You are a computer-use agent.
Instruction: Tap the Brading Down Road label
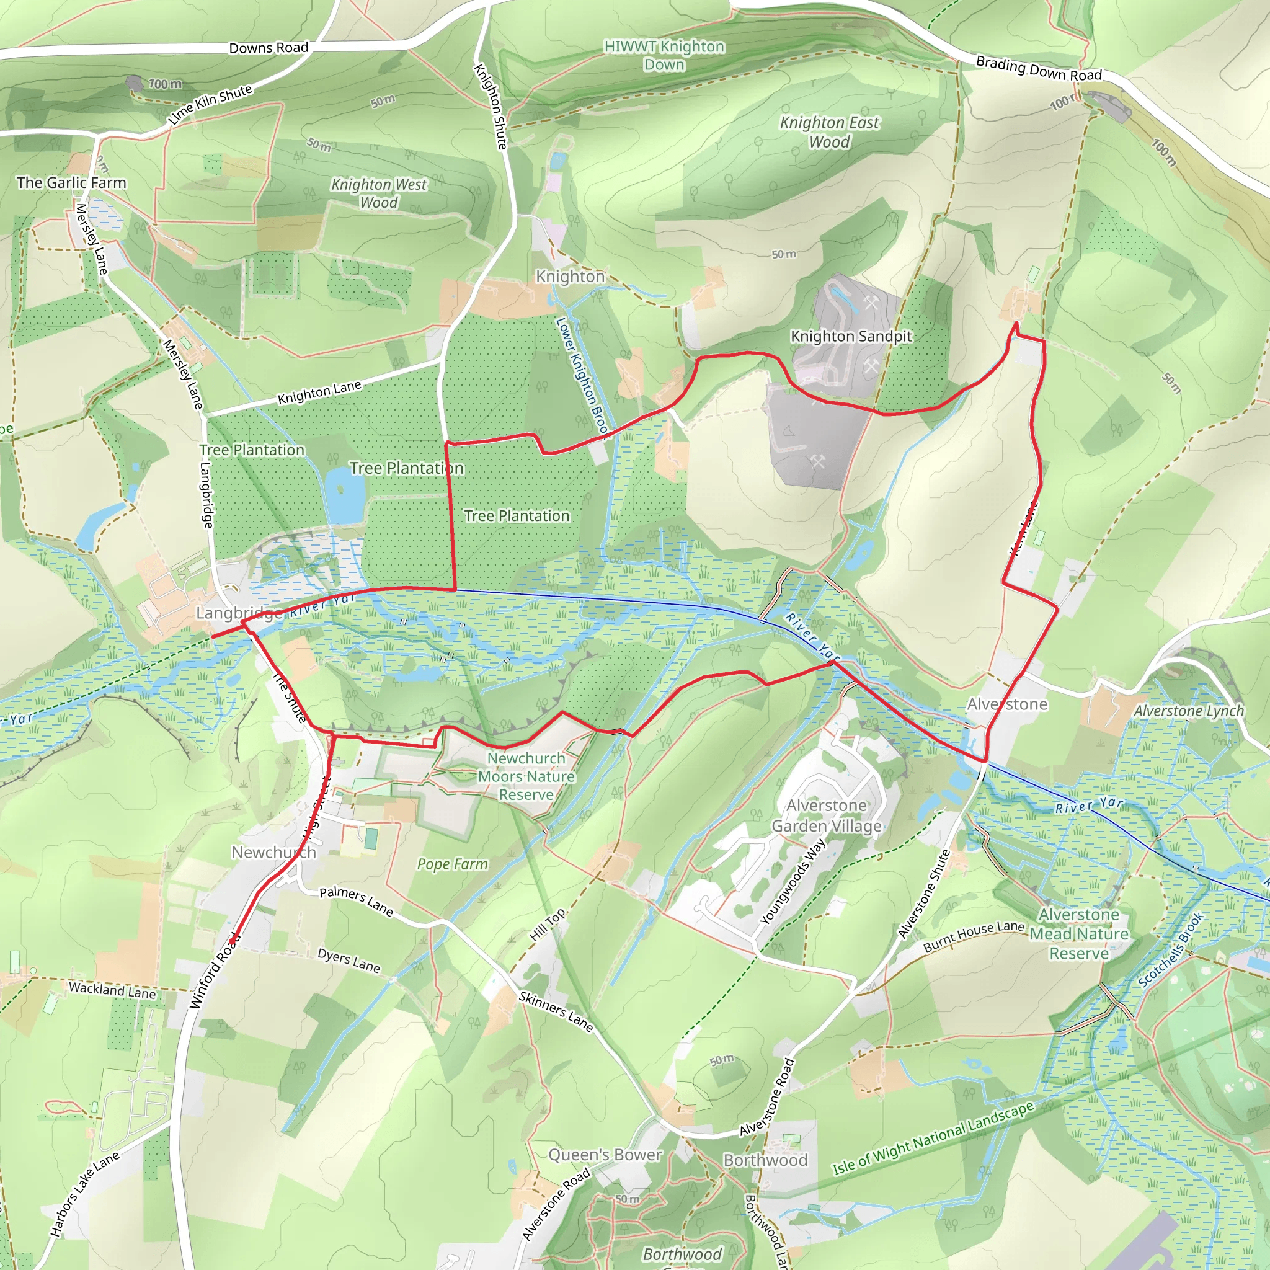[1038, 68]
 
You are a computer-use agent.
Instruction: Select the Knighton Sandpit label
[851, 336]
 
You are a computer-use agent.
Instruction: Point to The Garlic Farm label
[71, 183]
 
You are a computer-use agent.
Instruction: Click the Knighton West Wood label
[379, 193]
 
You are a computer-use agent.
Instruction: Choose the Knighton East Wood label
[829, 132]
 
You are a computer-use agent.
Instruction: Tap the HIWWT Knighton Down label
[664, 55]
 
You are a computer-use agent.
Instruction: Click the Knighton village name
[569, 276]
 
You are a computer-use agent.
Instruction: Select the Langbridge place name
[240, 613]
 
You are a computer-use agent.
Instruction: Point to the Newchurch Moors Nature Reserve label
[526, 776]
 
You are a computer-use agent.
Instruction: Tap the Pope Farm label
[452, 864]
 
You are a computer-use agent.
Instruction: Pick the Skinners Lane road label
[556, 1011]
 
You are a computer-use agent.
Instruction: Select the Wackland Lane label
[112, 989]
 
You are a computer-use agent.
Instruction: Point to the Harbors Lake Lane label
[85, 1194]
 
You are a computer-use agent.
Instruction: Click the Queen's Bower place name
[605, 1154]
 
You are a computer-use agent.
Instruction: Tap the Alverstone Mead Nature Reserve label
[1079, 933]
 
